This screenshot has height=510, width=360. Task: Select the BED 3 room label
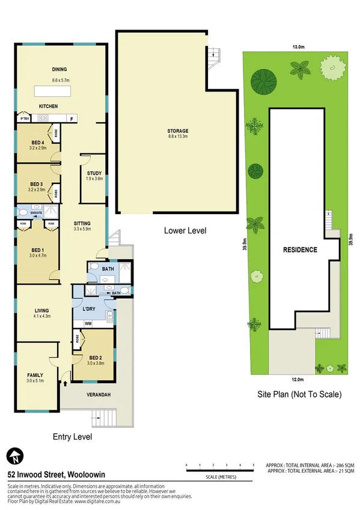(x=37, y=183)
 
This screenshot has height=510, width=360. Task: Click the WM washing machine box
(x=88, y=324)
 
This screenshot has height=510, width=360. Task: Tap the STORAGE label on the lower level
(x=178, y=131)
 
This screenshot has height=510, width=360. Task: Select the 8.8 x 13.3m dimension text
(x=178, y=137)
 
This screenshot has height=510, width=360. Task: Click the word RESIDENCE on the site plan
(x=300, y=250)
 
